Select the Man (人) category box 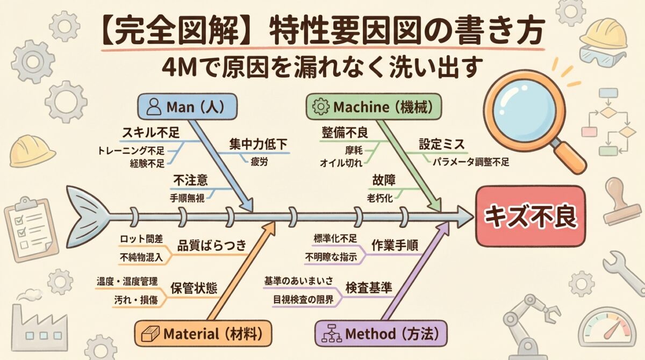tap(187, 106)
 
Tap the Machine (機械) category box tap(375, 106)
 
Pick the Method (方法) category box tap(381, 333)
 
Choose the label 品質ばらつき tap(212, 246)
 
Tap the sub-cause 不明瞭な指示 tap(331, 257)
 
